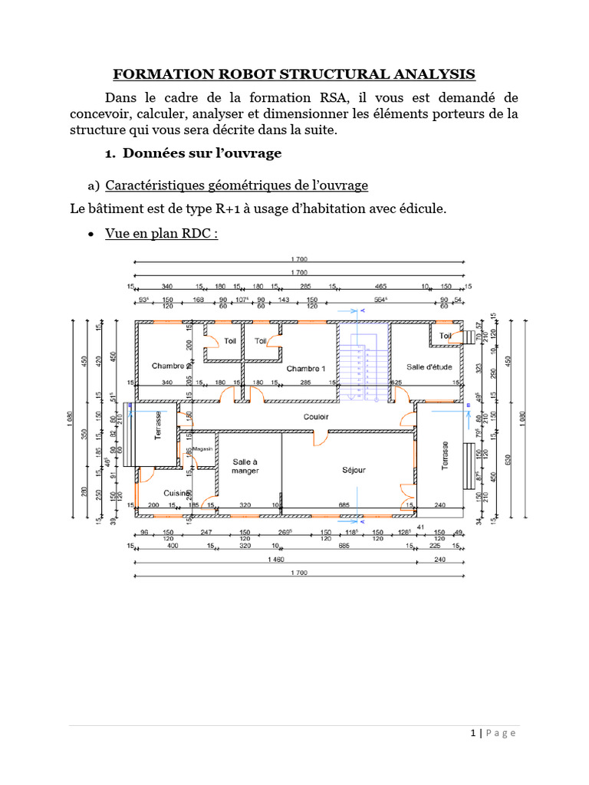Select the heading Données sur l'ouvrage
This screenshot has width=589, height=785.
[202, 153]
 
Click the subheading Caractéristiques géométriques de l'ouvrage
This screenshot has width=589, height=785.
[236, 186]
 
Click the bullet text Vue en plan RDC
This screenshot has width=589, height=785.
[161, 233]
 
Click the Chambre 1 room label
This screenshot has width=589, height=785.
[306, 369]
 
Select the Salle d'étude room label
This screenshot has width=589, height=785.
[429, 366]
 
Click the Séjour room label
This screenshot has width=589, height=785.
[354, 469]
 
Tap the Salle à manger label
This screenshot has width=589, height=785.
[245, 465]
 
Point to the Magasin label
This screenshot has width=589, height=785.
[202, 448]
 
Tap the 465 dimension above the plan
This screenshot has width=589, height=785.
[380, 287]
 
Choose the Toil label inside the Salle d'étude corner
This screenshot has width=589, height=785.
[446, 336]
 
